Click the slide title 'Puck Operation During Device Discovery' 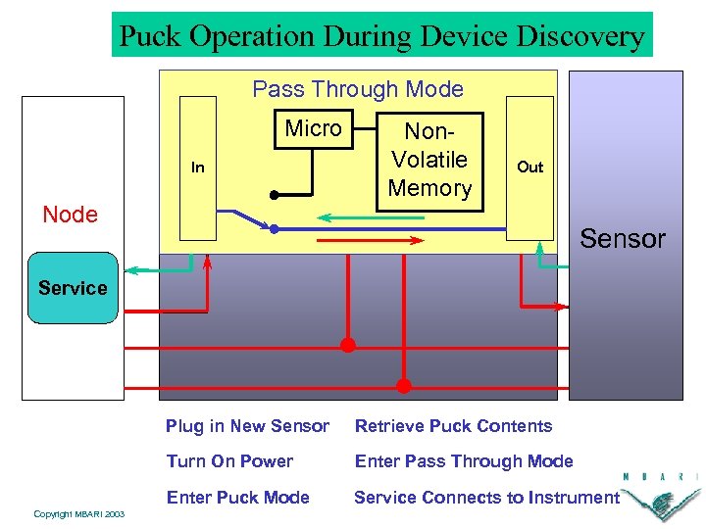point(381,36)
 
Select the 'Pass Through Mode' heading point(358,89)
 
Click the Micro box point(314,128)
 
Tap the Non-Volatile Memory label point(429,159)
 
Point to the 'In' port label point(198,168)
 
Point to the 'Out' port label point(529,167)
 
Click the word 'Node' point(71,215)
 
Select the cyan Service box point(73,288)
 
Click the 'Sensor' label point(623,239)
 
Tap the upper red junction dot point(347,345)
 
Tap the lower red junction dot point(403,385)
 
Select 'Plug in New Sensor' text point(247,426)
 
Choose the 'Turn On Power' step point(229,461)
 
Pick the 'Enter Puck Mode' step point(237,498)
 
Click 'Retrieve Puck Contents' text point(453,426)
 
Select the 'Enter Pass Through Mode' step point(463,461)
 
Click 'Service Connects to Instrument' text point(486,498)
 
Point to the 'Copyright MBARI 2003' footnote point(78,514)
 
